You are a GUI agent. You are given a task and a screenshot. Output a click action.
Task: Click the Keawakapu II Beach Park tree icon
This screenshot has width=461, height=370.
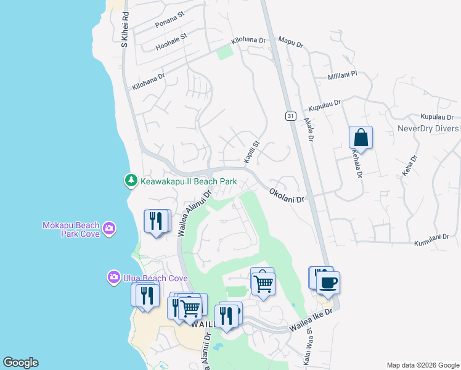click(x=131, y=181)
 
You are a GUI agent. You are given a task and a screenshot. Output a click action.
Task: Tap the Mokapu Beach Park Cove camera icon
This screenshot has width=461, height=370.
click(x=109, y=229)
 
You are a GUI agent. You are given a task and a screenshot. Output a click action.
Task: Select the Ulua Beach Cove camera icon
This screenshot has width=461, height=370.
click(x=113, y=277)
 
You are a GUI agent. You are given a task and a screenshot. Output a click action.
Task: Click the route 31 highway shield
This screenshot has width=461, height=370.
click(x=290, y=116)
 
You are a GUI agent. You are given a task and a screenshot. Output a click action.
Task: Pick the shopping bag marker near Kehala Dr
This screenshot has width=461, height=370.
click(x=361, y=138)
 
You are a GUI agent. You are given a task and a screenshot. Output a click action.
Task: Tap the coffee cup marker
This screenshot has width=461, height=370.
click(x=328, y=282)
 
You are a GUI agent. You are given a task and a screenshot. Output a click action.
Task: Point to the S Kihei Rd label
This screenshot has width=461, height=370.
click(x=124, y=28)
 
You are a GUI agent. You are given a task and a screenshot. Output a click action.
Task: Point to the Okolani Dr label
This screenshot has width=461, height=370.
click(x=287, y=197)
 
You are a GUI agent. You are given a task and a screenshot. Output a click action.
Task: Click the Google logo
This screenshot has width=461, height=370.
click(x=20, y=363)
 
